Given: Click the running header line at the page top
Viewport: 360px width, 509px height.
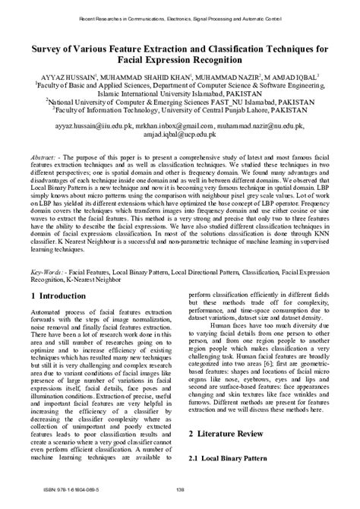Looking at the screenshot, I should [x=180, y=14].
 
